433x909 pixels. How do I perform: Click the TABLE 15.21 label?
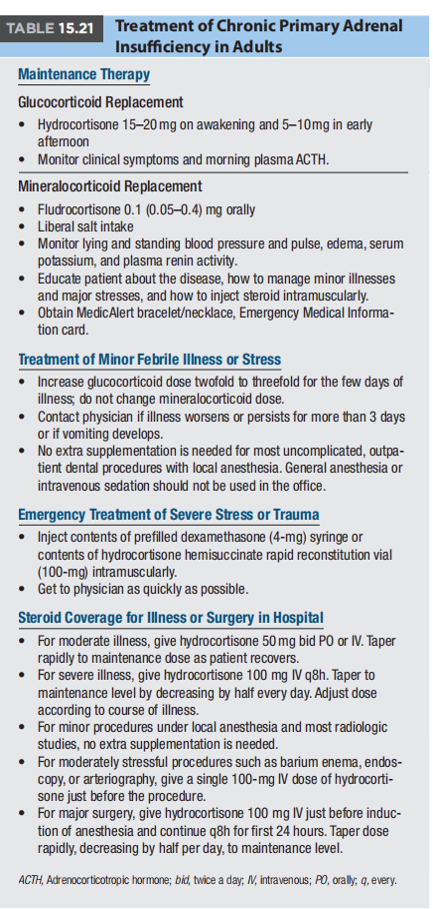(x=50, y=28)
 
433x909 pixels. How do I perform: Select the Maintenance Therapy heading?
(x=84, y=75)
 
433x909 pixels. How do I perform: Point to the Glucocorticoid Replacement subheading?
(x=101, y=102)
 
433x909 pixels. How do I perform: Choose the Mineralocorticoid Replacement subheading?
(x=110, y=186)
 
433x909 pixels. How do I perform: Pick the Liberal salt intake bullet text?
(x=86, y=226)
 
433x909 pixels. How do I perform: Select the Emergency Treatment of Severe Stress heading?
(x=169, y=515)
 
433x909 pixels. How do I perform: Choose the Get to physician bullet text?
(x=143, y=589)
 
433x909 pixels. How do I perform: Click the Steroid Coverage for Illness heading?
(x=171, y=618)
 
